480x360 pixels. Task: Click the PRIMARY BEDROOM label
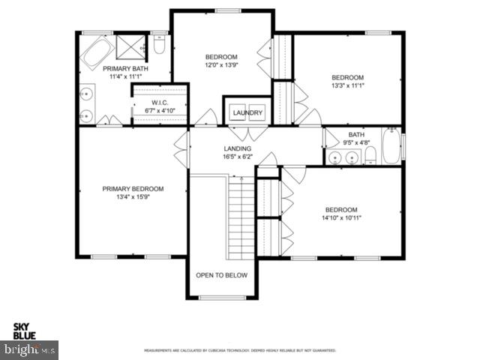coord(133,189)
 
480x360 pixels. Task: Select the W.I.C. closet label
coord(159,103)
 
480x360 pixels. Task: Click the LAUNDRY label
coord(247,113)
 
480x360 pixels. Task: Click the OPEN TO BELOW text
coord(221,275)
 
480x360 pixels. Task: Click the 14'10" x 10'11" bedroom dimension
coord(341,219)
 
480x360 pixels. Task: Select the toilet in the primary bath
coord(158,47)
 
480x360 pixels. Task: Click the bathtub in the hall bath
coord(391,147)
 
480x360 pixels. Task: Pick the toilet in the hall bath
coord(370,156)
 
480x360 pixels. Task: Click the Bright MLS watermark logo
coord(30,349)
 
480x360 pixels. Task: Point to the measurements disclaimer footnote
coord(240,350)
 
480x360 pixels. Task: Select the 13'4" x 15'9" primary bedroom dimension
coord(133,199)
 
